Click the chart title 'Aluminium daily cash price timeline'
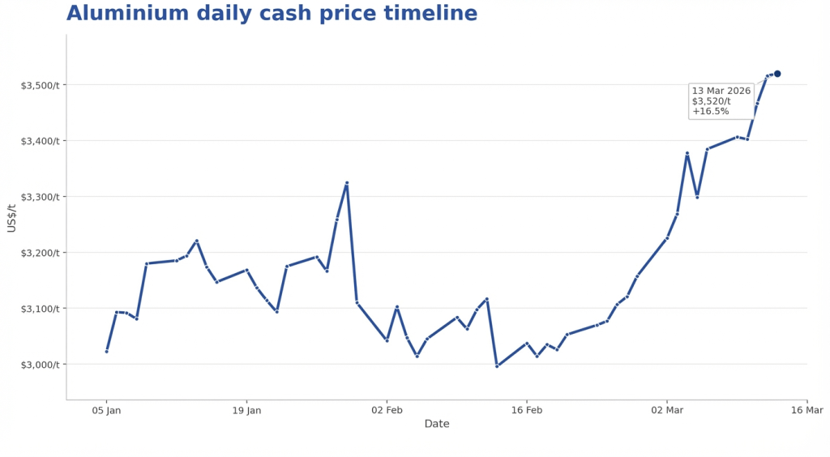pos(272,14)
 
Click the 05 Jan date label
pos(106,410)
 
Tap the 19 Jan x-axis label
pos(246,410)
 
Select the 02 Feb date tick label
pos(387,410)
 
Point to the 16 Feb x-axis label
pos(527,410)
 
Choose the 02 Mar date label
pos(667,410)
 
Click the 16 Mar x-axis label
pos(807,410)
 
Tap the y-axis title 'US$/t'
pos(11,218)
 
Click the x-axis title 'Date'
pos(437,424)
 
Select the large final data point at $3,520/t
pos(777,74)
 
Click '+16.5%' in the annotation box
pos(711,111)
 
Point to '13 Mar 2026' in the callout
pos(721,91)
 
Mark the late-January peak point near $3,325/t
pos(347,183)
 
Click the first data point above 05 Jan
pos(106,351)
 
